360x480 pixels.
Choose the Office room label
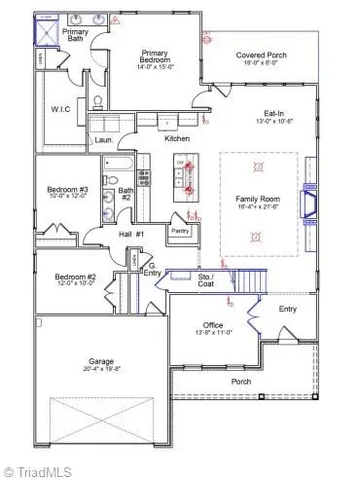click(x=213, y=324)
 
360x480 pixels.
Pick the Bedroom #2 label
click(x=75, y=277)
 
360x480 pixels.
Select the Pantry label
click(x=179, y=231)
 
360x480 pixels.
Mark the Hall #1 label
click(x=132, y=235)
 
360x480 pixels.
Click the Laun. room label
click(x=102, y=140)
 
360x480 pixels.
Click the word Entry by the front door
click(x=288, y=309)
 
